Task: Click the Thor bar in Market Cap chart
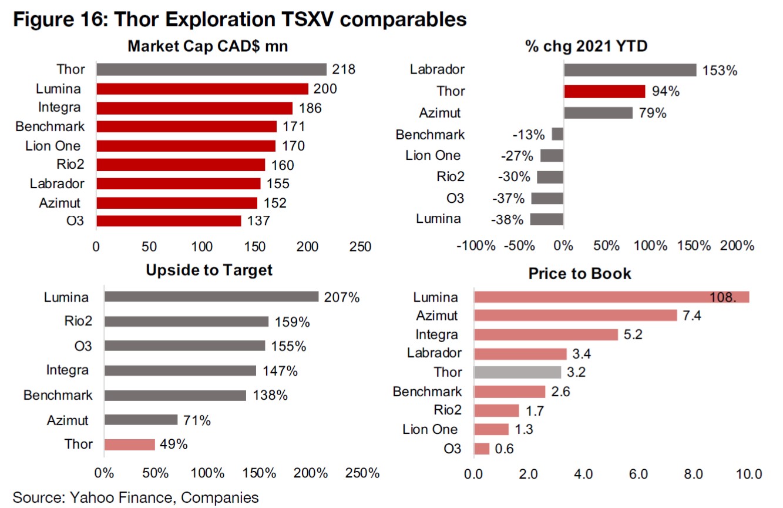pos(211,69)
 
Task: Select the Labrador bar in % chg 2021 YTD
pos(630,70)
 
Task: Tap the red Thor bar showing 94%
pos(604,91)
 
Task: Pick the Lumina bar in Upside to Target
pos(211,297)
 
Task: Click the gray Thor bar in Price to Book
pos(517,372)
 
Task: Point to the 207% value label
pos(342,297)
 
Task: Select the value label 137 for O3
pos(258,222)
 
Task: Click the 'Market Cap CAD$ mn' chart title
pos(208,46)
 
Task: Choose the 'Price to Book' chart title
pos(580,273)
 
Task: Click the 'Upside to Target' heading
pos(209,270)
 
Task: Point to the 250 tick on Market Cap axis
pos(360,246)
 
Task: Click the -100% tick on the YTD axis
pos(476,245)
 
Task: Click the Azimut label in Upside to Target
pos(68,420)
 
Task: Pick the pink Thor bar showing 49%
pos(130,444)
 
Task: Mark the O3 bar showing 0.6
pos(482,449)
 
